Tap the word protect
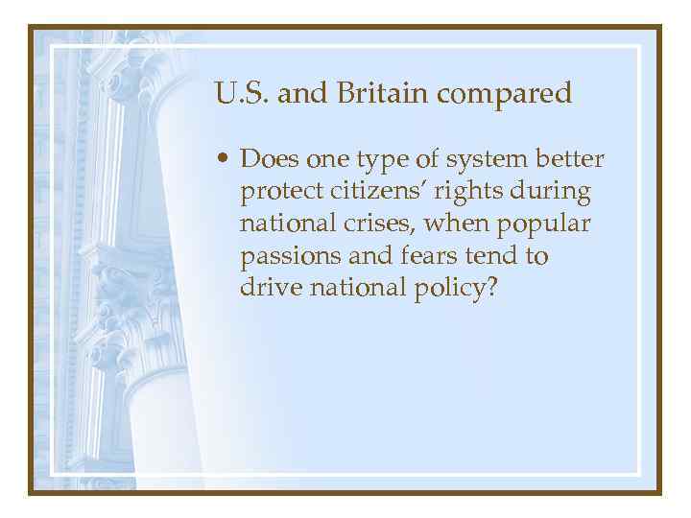[280, 192]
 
